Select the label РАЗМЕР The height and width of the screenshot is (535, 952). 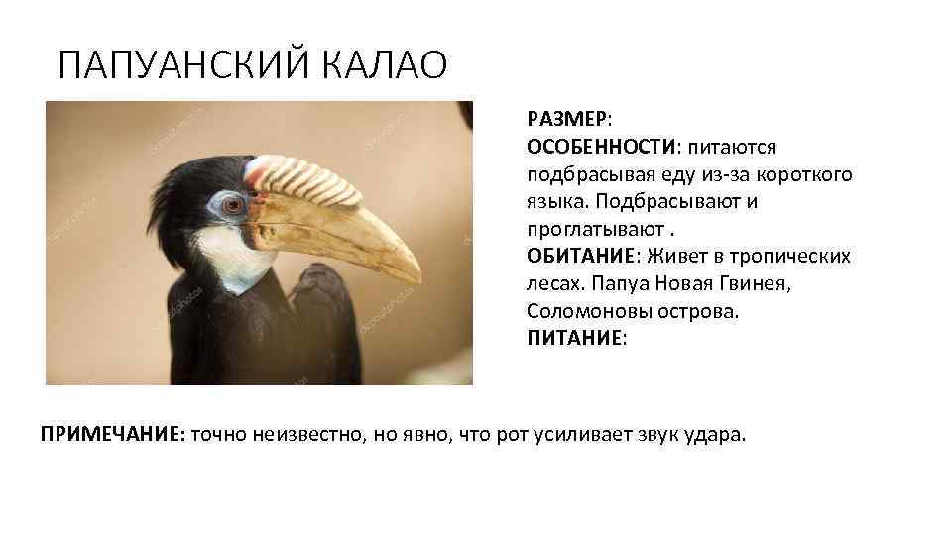click(x=567, y=119)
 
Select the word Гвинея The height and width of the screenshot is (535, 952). click(x=759, y=283)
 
